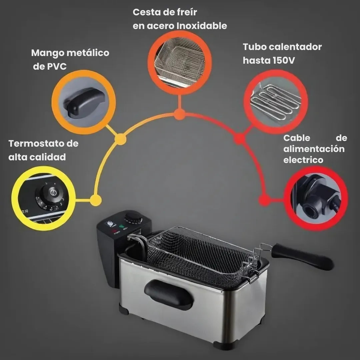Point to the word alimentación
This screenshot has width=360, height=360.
tap(314, 149)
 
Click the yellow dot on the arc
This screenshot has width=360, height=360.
tap(96, 200)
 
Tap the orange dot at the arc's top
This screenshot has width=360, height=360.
tap(179, 114)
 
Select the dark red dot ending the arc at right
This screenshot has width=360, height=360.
tap(264, 201)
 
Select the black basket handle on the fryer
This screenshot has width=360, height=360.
tap(302, 256)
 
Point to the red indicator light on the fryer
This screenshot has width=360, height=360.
tap(114, 231)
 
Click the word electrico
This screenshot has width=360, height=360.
tap(303, 160)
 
